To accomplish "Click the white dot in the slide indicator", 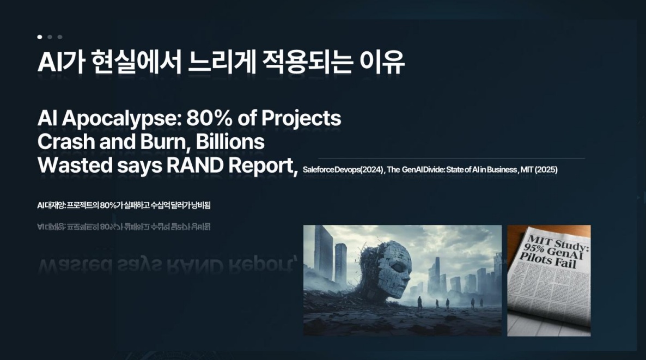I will [x=40, y=37].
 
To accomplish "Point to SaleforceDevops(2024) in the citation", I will [x=343, y=170].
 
